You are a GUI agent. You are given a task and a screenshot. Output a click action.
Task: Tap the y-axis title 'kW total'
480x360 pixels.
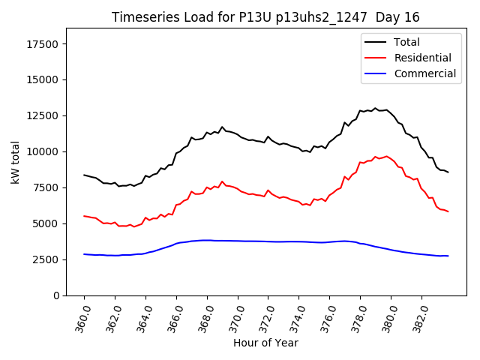(x=16, y=162)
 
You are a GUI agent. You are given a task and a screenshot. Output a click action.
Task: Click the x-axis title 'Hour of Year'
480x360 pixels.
(x=265, y=343)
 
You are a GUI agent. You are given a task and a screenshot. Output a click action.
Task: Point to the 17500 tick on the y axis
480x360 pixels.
(x=44, y=44)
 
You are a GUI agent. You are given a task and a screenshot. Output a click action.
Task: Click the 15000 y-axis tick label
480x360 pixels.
(x=44, y=80)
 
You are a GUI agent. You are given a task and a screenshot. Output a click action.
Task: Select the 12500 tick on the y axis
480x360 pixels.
(x=44, y=116)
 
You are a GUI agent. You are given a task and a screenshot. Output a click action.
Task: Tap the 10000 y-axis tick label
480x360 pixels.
(x=44, y=152)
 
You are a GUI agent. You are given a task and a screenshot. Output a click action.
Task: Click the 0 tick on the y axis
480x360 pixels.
(x=57, y=295)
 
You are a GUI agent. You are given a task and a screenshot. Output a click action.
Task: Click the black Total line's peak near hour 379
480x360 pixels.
(x=375, y=108)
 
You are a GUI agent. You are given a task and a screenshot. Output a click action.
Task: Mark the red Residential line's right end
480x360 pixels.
(x=448, y=211)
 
